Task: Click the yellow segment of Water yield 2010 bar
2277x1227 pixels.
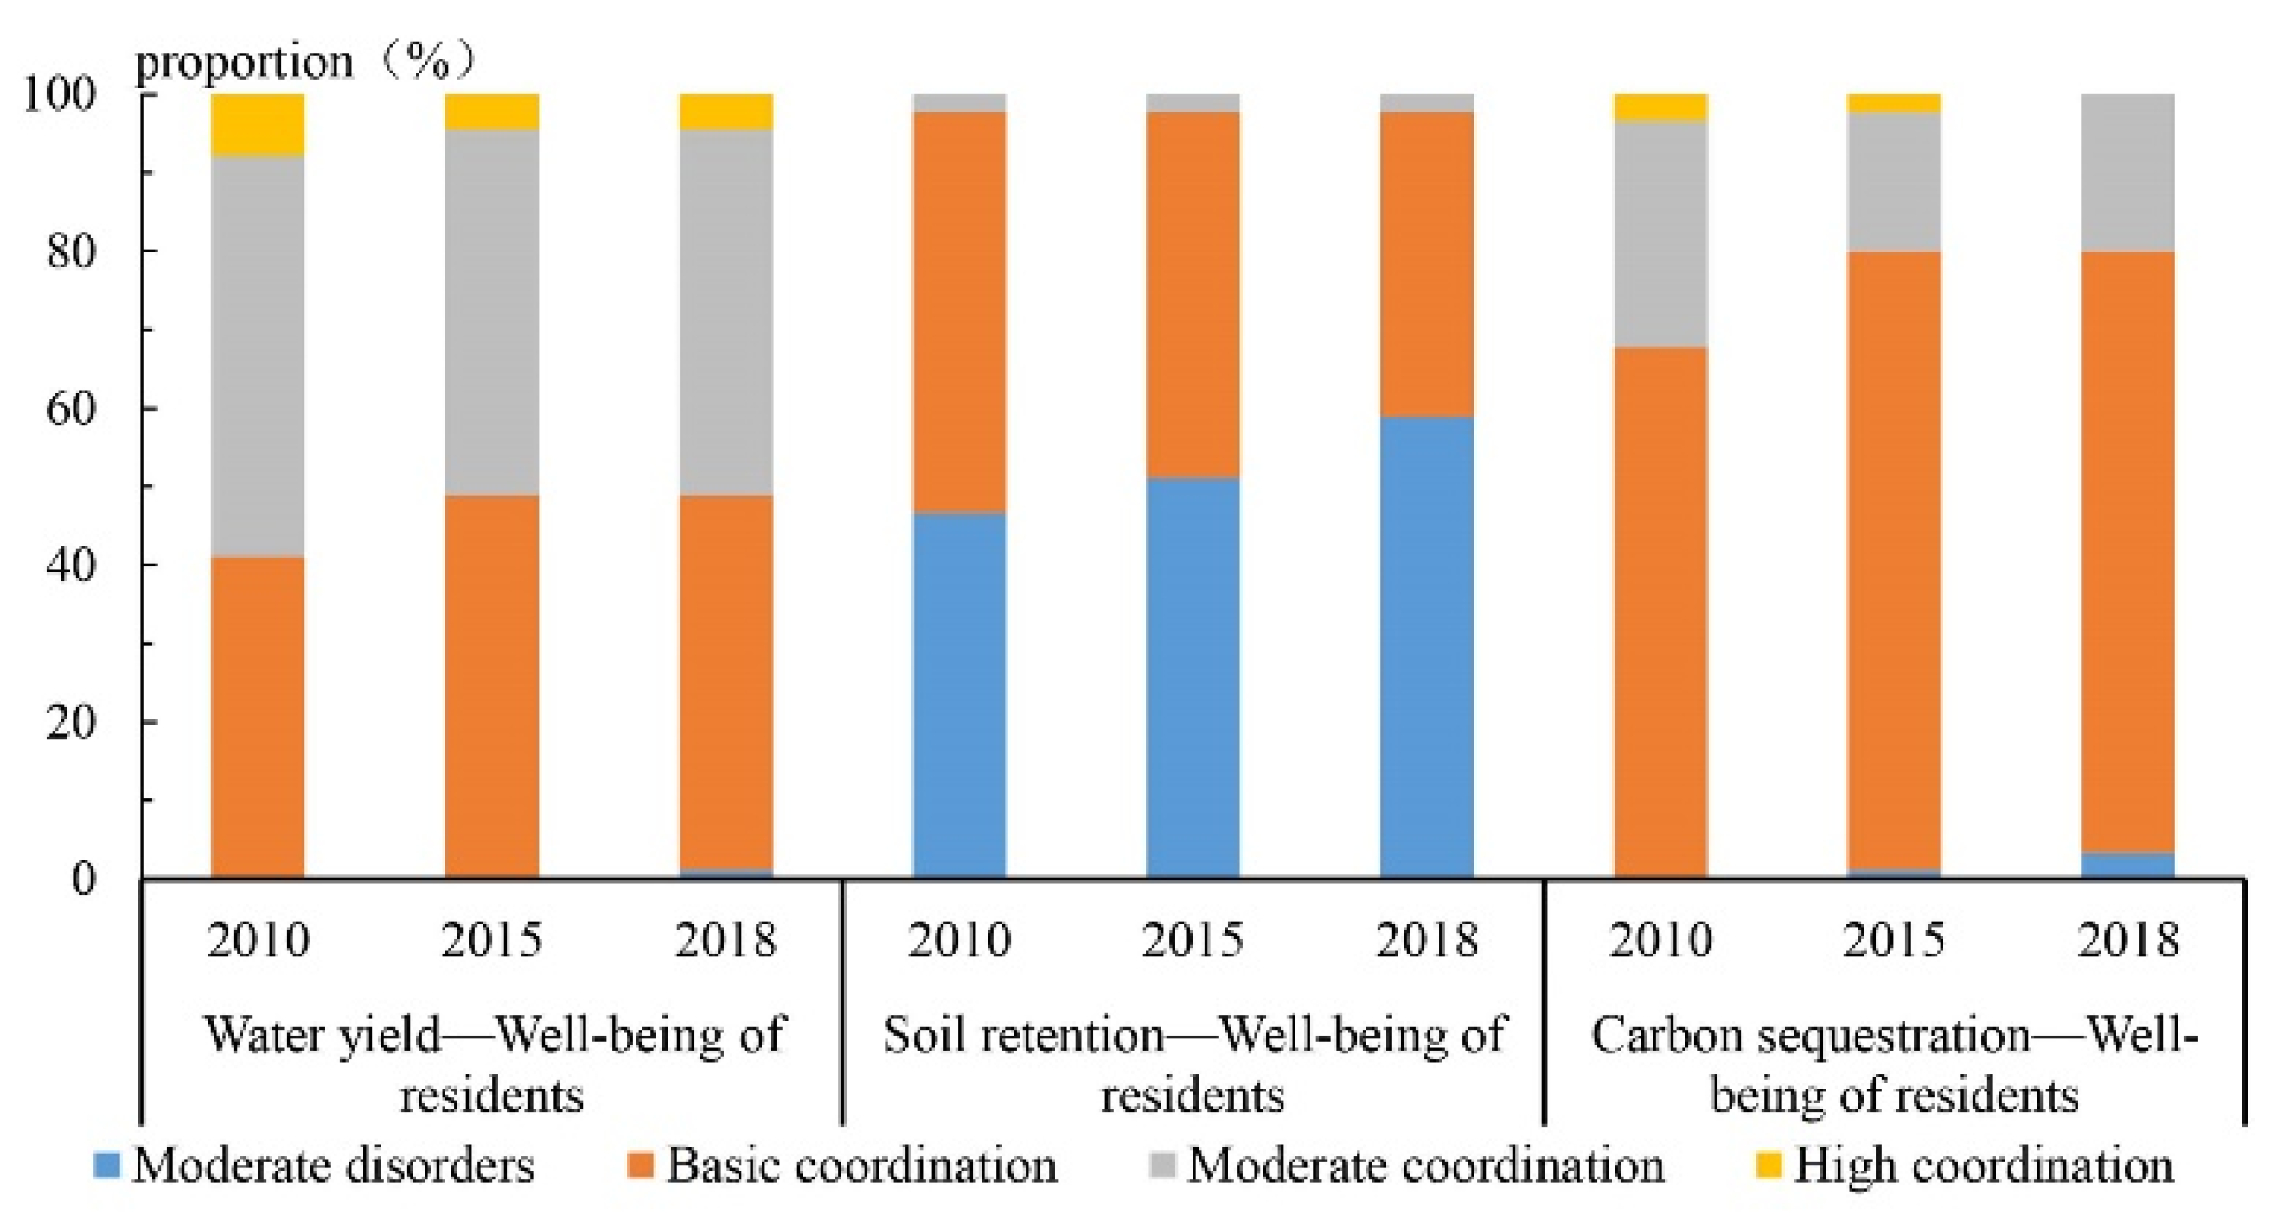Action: coord(258,124)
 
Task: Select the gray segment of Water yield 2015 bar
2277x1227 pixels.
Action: coord(491,311)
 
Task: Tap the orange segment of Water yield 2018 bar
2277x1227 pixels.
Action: coord(726,681)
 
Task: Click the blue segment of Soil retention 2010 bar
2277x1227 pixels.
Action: coord(959,694)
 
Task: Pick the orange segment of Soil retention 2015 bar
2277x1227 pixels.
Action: coord(1193,293)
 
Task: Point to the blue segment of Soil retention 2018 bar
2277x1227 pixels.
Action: coord(1427,645)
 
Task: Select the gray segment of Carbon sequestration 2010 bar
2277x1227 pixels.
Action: coord(1660,233)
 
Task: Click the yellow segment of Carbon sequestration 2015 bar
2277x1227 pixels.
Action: coord(1893,103)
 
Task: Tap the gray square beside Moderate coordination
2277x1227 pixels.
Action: coord(1164,1165)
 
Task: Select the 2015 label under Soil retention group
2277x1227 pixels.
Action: coord(1193,940)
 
